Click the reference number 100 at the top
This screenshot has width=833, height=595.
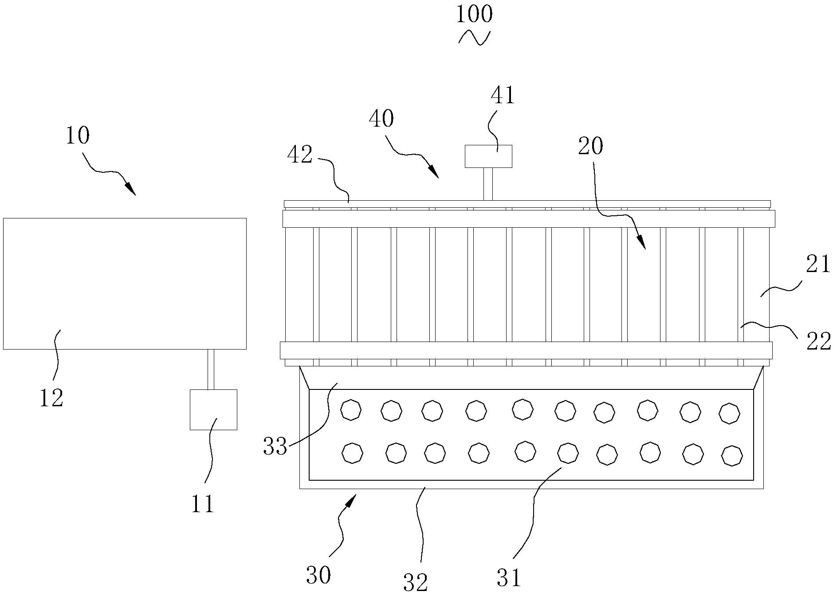474,14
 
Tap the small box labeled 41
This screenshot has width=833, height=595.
488,156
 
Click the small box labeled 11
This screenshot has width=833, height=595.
213,409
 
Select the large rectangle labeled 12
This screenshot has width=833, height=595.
125,284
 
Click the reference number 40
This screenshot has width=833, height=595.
381,119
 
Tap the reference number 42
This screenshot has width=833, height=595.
300,156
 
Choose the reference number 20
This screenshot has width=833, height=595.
590,146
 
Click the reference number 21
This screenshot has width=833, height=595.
818,265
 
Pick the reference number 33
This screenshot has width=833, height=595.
275,446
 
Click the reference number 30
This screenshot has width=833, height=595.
318,576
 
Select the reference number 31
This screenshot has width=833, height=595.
509,577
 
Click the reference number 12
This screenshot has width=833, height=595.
52,398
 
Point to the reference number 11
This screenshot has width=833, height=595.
203,504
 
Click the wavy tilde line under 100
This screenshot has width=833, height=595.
474,38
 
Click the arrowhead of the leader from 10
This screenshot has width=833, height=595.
131,189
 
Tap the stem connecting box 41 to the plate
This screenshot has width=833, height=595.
488,184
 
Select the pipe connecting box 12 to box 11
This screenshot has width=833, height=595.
211,369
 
